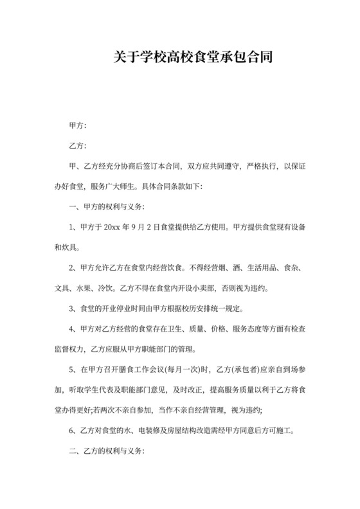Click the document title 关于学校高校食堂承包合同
pyautogui.click(x=179, y=58)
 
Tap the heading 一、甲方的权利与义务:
pyautogui.click(x=107, y=207)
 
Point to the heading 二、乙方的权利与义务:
pyautogui.click(x=107, y=451)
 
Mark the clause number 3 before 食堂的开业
pyautogui.click(x=71, y=309)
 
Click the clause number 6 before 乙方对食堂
pyautogui.click(x=71, y=431)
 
